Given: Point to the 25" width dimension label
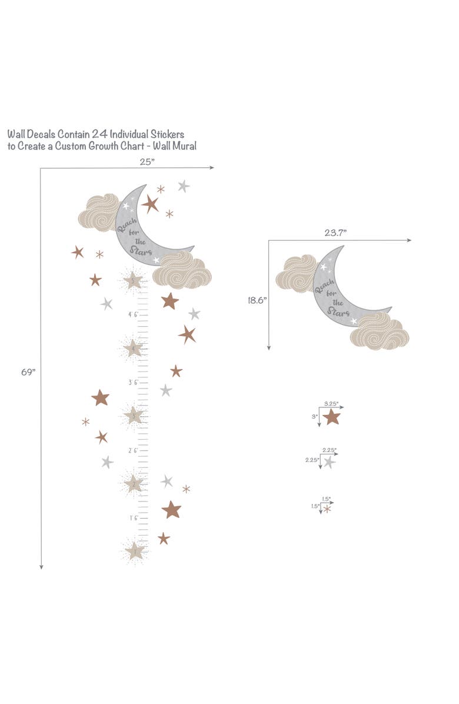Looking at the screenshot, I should pos(147,161).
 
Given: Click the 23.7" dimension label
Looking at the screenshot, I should pos(335,233).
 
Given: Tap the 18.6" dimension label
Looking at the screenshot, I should pos(257,300).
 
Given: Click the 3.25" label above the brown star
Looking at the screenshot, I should pos(331,404).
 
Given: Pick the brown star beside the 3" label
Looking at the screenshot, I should pos(332,417).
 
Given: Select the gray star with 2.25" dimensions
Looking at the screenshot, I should pos(329,463).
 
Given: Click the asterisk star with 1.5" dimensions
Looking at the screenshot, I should pos(327,509).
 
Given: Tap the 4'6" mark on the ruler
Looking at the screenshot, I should pos(133,315).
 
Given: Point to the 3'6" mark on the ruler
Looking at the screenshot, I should pos(133,383).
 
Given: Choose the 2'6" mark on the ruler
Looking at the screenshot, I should pos(133,450).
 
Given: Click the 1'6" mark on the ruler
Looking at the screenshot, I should pos(133,518).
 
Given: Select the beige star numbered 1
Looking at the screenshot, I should pos(134,551).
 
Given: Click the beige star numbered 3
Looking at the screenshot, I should pos(134,415).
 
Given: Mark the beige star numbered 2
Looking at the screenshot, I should pos(134,483).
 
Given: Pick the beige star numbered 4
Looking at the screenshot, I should pos(134,347).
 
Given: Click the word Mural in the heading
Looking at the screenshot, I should pos(185,146).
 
